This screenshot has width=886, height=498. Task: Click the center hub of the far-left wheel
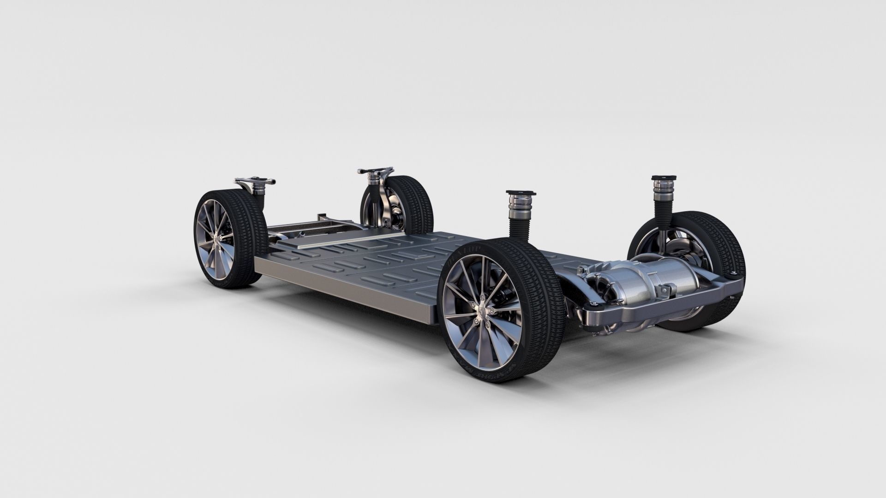[x=216, y=237]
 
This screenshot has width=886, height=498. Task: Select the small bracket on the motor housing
[x=664, y=290]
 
